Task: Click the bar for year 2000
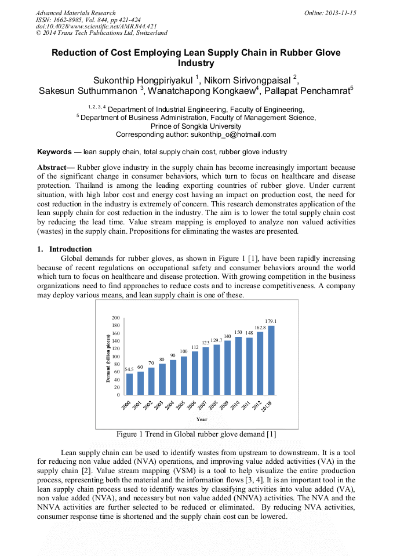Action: [x=129, y=384]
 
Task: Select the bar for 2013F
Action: [x=271, y=360]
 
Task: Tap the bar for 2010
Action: [x=238, y=366]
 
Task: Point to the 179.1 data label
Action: [x=271, y=321]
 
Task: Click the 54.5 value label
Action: [x=129, y=369]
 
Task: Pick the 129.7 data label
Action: [x=216, y=340]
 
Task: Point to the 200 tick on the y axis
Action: [x=116, y=318]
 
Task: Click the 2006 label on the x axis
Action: [x=192, y=405]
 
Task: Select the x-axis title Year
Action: [x=202, y=419]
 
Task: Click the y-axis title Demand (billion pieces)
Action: [x=108, y=357]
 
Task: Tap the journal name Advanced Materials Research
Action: [x=75, y=13]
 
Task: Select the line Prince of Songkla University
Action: [x=196, y=126]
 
